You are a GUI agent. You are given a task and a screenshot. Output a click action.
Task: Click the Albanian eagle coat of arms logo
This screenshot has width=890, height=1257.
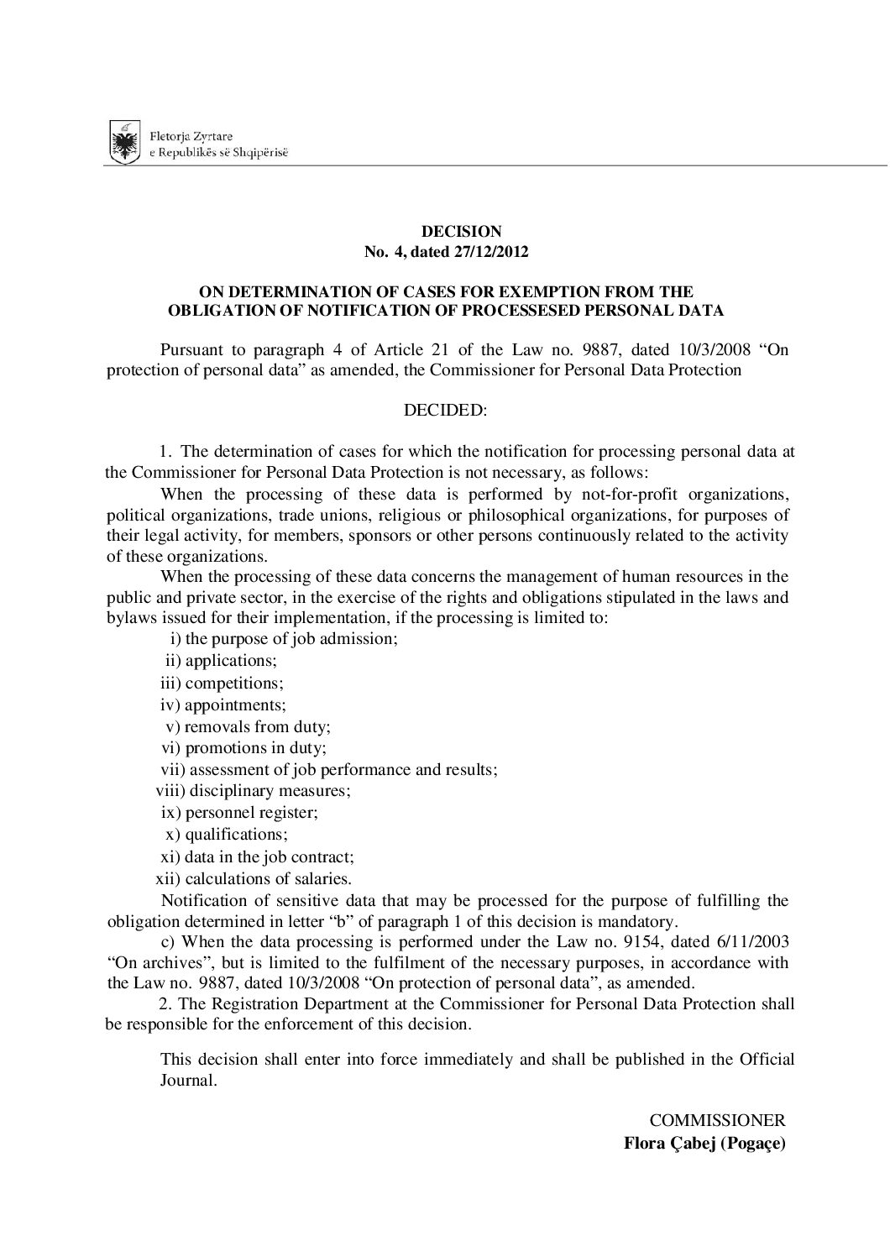(125, 142)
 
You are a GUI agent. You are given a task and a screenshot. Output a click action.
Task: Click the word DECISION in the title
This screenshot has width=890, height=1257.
(461, 232)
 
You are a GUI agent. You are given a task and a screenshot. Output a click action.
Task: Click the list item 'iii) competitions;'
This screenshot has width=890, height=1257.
(222, 683)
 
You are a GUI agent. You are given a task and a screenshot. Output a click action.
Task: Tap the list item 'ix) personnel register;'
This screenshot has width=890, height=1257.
(239, 813)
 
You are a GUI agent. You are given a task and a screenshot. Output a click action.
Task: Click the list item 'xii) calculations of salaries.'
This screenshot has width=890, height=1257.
(254, 879)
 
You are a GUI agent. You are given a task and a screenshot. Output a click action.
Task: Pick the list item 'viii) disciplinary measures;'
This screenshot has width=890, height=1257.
(254, 791)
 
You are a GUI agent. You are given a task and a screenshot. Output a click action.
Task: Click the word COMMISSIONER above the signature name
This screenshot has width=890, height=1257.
(717, 1120)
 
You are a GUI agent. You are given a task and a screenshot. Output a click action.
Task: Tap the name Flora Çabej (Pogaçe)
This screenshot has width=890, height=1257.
(704, 1143)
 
